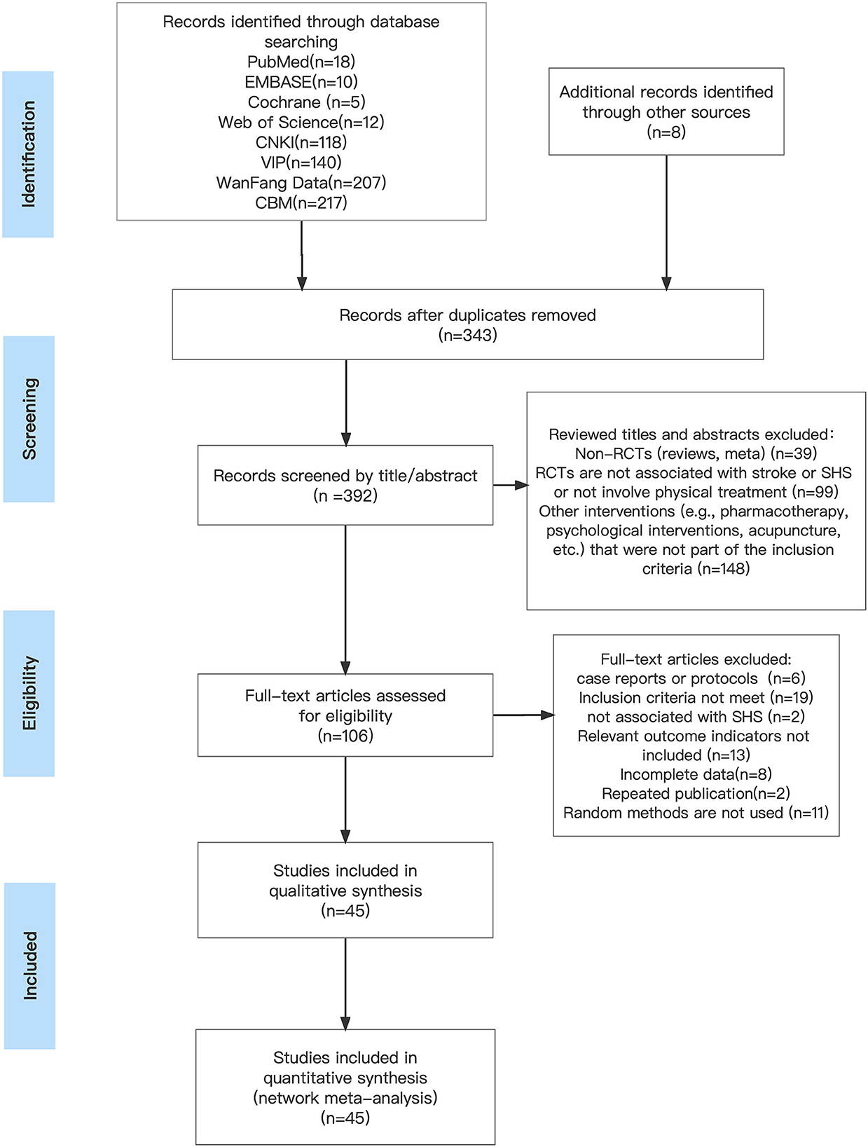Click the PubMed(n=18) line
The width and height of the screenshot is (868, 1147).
(301, 62)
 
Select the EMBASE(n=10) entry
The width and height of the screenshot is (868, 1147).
(301, 82)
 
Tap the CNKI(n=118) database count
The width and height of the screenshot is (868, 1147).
(301, 142)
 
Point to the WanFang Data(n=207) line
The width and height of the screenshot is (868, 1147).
(301, 182)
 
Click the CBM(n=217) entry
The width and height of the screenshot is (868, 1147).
(301, 202)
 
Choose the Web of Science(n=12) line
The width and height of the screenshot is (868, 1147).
(301, 123)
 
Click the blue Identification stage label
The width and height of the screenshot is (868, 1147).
(28, 154)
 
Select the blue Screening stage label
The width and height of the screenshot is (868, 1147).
(29, 418)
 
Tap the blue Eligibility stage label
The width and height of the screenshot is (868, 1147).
(29, 693)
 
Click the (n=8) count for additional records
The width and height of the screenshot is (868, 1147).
(666, 132)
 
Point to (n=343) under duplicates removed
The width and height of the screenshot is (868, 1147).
(467, 335)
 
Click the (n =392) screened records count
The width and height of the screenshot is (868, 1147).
(345, 495)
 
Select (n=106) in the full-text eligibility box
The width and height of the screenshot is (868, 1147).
(345, 736)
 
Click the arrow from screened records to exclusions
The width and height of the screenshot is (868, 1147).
(510, 485)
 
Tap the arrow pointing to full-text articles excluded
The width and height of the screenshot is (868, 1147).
(523, 715)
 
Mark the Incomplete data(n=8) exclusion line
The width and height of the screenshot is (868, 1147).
(696, 774)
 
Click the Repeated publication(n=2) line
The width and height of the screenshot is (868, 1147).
(696, 794)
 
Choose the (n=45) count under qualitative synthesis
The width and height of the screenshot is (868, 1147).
(345, 911)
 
